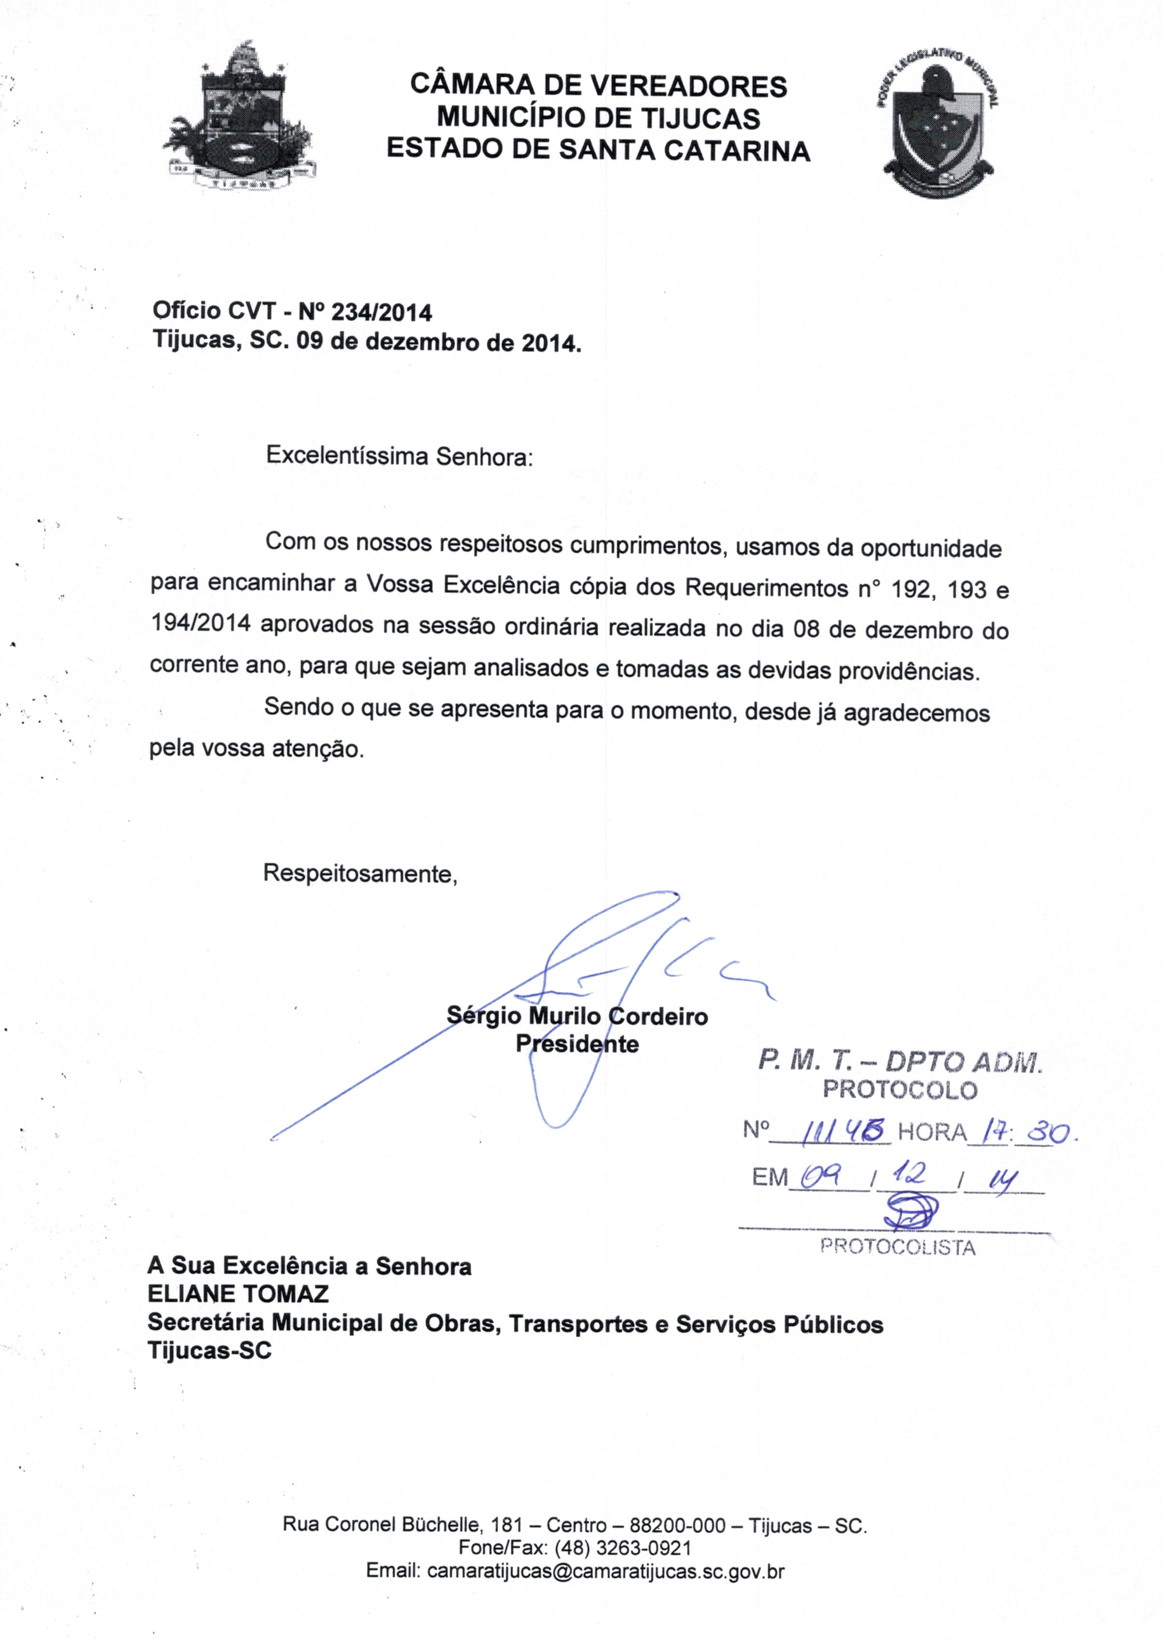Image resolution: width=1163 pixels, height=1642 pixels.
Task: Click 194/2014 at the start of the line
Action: click(200, 624)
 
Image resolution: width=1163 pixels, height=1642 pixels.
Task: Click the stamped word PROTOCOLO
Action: click(899, 1090)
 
